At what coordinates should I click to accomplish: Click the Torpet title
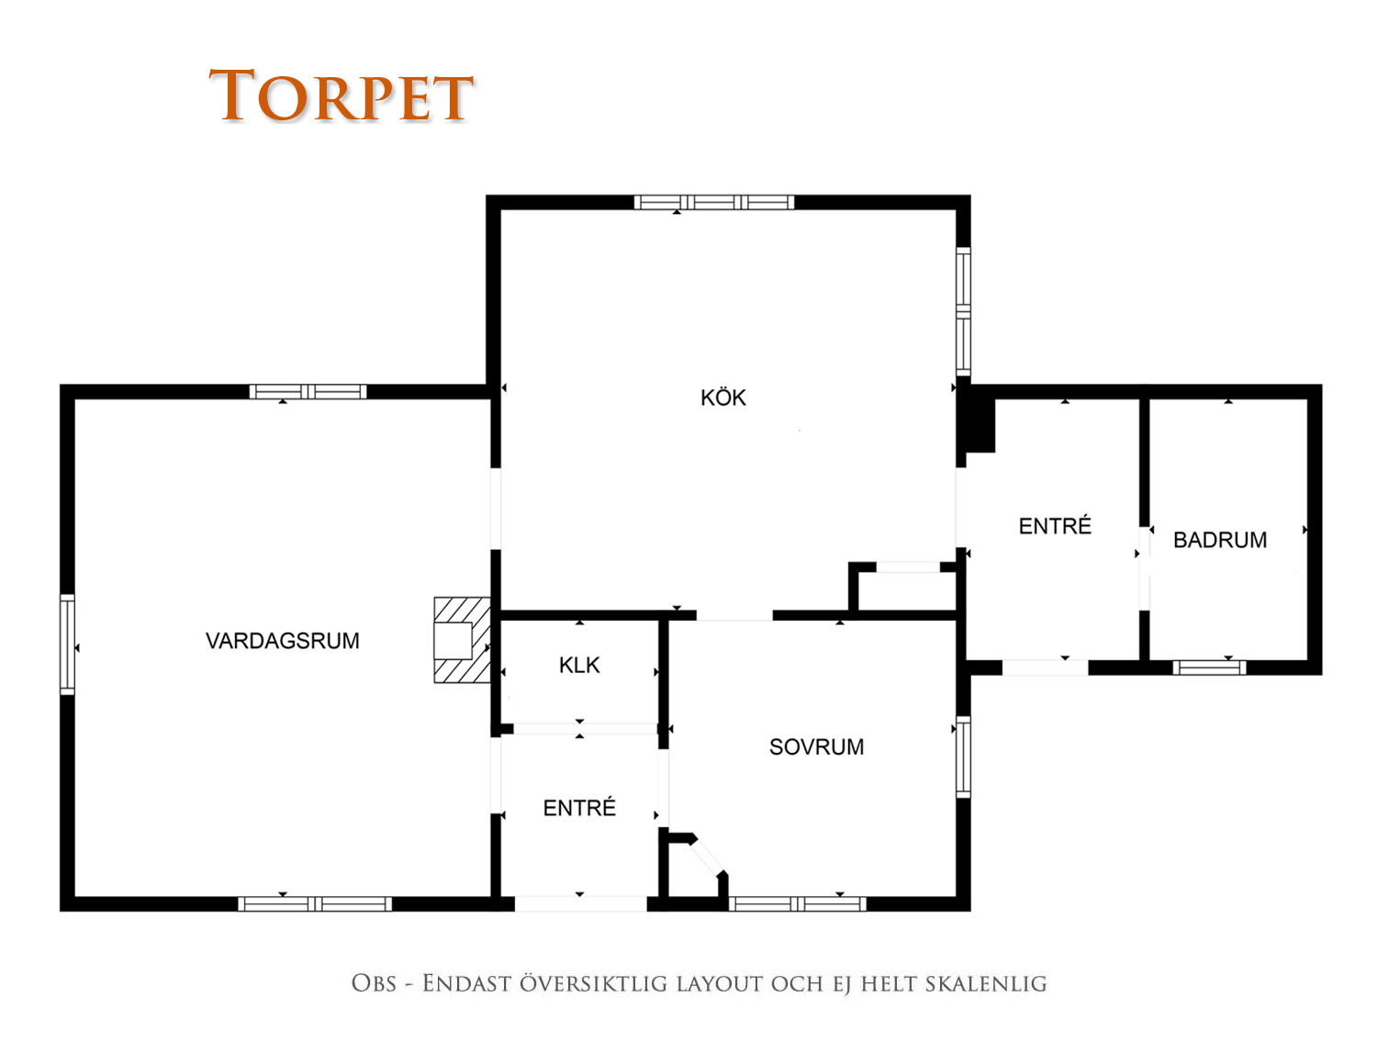[341, 95]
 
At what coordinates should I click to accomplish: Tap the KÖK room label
[722, 398]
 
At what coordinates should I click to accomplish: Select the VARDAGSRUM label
[283, 641]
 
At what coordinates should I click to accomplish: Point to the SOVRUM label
[816, 746]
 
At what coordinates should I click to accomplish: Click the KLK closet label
[579, 665]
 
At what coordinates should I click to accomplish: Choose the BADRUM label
[1219, 540]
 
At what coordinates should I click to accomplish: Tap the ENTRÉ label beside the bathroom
[1055, 526]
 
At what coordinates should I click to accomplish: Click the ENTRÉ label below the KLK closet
[579, 807]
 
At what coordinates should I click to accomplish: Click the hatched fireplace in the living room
[463, 640]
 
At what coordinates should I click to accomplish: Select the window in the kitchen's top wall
[714, 202]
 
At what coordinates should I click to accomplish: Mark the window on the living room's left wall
[67, 645]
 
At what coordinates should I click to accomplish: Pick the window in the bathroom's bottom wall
[1209, 667]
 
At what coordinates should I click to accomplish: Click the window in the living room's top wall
[308, 392]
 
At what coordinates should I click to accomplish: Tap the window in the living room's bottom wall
[315, 904]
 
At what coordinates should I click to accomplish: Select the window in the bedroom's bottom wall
[797, 904]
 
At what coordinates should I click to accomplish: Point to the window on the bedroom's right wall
[963, 757]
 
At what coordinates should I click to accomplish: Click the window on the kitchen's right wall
[963, 312]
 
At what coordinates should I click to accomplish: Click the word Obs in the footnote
[374, 983]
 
